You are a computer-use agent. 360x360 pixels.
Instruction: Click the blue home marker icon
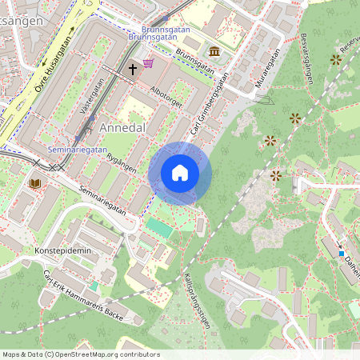[180, 173]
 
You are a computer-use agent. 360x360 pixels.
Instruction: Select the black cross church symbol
[133, 70]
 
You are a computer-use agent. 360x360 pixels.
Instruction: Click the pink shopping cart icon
[148, 63]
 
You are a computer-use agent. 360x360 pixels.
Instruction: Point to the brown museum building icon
[214, 52]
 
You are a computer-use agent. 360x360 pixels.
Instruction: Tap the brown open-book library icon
[34, 183]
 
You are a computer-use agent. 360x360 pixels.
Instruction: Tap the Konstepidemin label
[59, 250]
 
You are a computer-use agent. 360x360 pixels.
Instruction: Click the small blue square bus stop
[342, 254]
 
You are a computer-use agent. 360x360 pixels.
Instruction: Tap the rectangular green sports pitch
[159, 227]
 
